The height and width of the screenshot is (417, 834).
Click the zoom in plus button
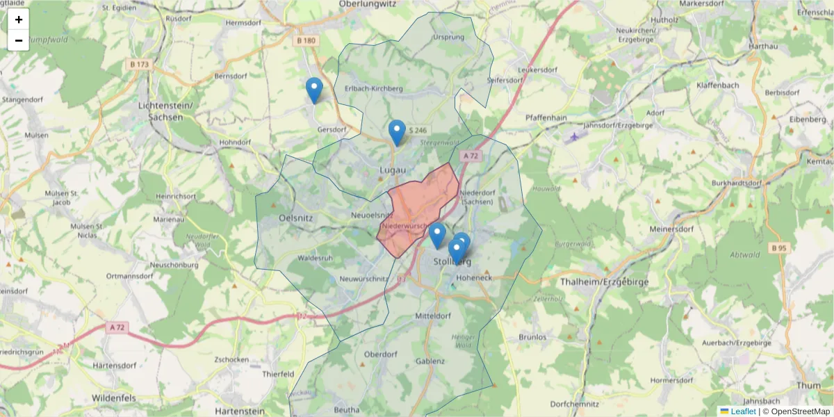[x=19, y=19]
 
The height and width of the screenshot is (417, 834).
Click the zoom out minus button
[x=19, y=40]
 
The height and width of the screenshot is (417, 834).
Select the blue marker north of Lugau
[x=397, y=132]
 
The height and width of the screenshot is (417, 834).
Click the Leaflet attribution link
[x=743, y=411]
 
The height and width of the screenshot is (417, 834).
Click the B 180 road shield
[x=306, y=41]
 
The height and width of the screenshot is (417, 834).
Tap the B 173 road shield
[x=139, y=65]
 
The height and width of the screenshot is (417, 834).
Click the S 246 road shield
[x=418, y=130]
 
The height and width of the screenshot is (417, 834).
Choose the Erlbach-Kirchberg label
[x=374, y=88]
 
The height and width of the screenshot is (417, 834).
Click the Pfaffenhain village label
[x=546, y=118]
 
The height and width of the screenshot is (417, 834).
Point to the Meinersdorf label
[x=672, y=229]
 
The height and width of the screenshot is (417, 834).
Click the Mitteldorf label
[x=433, y=316]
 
